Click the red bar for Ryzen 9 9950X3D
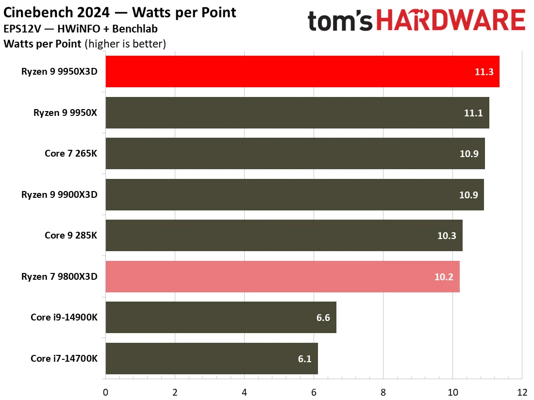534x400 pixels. point(302,71)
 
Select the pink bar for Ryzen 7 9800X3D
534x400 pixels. point(283,276)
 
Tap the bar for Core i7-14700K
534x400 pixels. point(212,358)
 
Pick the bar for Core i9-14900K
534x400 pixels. point(221,318)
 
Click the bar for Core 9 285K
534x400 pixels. point(284,235)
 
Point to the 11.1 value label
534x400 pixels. point(473,113)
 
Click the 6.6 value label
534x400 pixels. point(323,318)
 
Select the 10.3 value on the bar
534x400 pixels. point(447,236)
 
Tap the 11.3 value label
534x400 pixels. point(484,72)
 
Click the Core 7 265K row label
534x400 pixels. point(71,153)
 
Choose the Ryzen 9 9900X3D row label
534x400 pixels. point(59,194)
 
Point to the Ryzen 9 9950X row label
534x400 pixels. point(65,112)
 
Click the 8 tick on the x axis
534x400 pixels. point(383,393)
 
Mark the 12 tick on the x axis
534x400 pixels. point(522,393)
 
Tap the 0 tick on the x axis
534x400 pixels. point(105,393)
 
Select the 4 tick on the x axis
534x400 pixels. point(244,393)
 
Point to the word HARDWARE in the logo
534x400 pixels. point(451,20)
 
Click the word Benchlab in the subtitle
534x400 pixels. point(135,29)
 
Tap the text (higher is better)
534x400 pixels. point(125,44)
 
